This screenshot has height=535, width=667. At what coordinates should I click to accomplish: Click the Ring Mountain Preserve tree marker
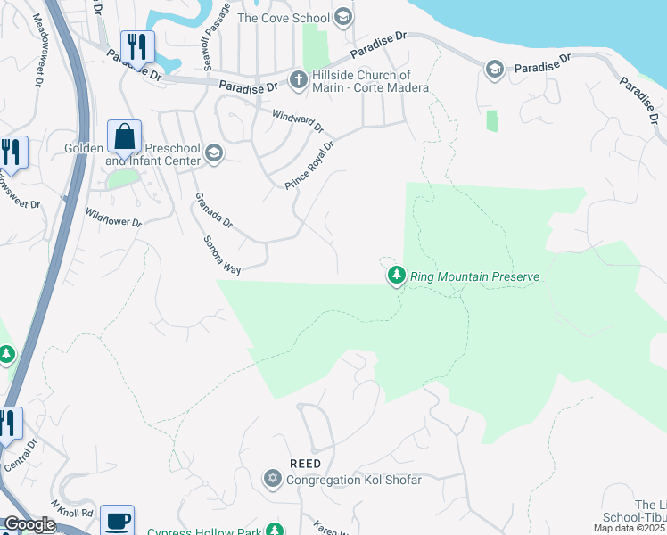click(x=396, y=276)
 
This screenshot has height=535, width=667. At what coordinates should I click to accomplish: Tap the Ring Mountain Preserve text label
click(x=475, y=277)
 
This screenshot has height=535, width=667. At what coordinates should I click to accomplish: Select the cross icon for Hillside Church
click(x=298, y=81)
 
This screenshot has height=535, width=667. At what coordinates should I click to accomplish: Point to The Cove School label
click(x=282, y=17)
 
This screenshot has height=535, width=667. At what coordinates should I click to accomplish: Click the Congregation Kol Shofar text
click(x=354, y=480)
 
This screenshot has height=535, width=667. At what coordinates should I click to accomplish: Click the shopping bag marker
click(x=125, y=137)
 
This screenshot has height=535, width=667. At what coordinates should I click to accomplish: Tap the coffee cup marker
click(x=117, y=520)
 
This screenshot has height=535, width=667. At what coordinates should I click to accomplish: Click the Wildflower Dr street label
click(x=113, y=218)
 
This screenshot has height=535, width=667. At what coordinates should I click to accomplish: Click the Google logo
click(x=29, y=524)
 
